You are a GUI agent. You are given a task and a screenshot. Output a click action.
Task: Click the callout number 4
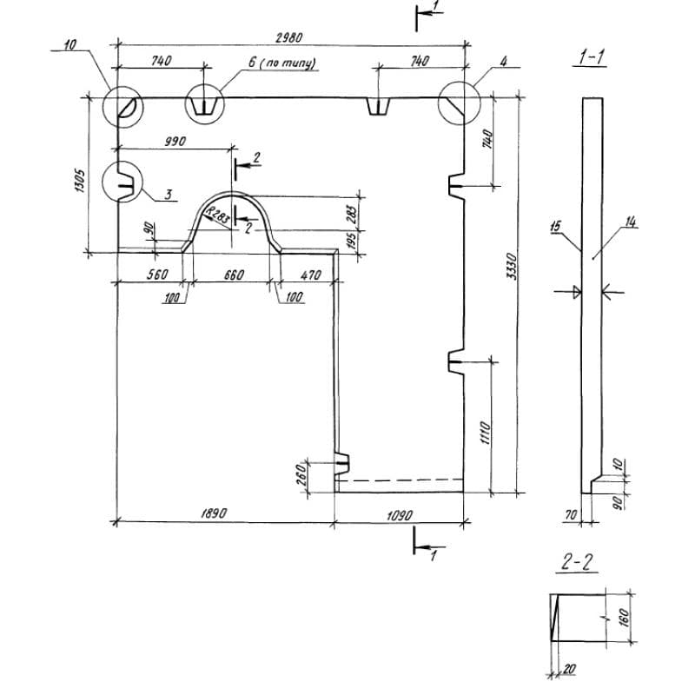(x=503, y=62)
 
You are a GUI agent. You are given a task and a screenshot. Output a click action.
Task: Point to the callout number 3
(x=169, y=193)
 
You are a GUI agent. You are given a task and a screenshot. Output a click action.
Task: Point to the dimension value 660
(x=234, y=275)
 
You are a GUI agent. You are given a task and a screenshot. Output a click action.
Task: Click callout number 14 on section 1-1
(x=631, y=223)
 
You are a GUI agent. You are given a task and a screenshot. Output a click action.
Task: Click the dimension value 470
(x=311, y=275)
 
